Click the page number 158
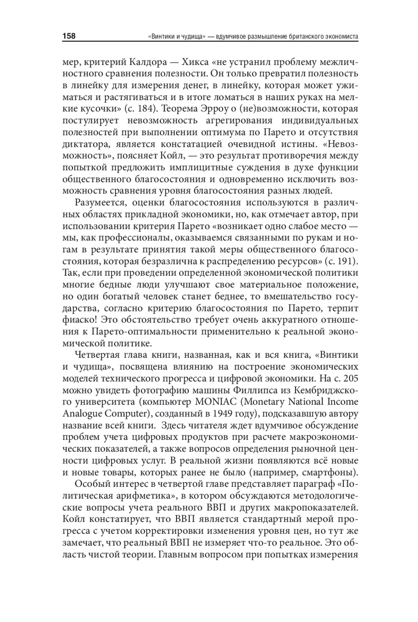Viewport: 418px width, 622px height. tap(69, 36)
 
